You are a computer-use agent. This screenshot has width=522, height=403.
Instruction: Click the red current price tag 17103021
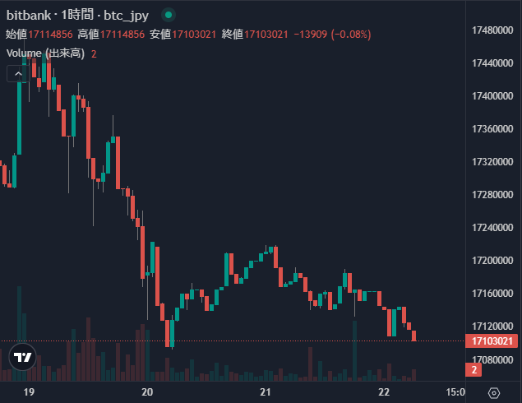pos(491,340)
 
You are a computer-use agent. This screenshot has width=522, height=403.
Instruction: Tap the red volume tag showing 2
pos(473,370)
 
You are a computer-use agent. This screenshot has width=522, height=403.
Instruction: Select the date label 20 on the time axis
pos(148,392)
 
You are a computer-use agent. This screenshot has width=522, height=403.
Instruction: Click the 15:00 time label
pos(456,392)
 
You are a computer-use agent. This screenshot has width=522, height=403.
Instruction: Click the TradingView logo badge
pos(23,357)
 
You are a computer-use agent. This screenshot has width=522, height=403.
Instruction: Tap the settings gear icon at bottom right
pos(494,392)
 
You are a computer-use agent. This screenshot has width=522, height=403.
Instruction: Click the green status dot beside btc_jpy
pos(169,15)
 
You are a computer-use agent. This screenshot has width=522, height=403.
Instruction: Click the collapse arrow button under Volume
pos(17,73)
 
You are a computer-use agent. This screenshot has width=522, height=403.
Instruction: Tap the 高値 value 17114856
pos(121,35)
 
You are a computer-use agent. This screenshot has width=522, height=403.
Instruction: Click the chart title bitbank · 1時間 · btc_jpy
pos(81,15)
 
